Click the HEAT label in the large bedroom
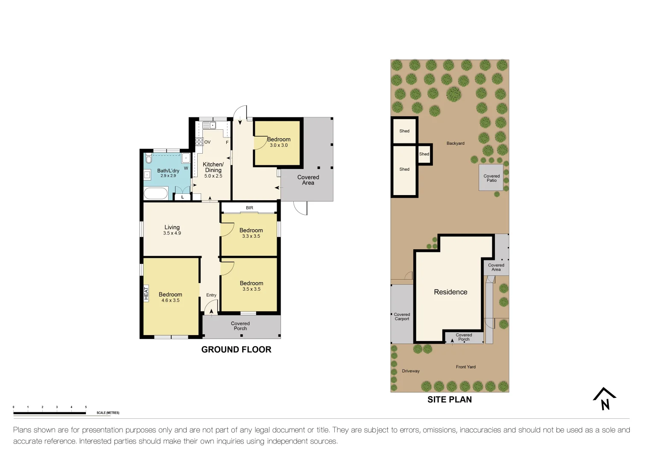coord(146,293)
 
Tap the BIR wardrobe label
coord(249,208)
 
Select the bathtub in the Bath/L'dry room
coord(156,194)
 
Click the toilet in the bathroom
coord(149,159)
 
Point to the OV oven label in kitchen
coord(208,142)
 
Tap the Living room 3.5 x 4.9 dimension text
coord(172,233)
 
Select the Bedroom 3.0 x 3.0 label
coord(279,142)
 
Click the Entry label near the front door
coord(211,295)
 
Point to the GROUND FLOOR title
coord(236,350)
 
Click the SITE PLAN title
coord(450,400)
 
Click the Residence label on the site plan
coord(450,292)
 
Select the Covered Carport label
coord(402,317)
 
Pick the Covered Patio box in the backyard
coord(491,178)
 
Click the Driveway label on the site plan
coord(411,371)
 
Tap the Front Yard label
coord(465,367)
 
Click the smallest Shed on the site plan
coord(424,155)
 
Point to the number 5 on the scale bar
coord(86,407)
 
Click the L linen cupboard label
coord(183,197)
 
